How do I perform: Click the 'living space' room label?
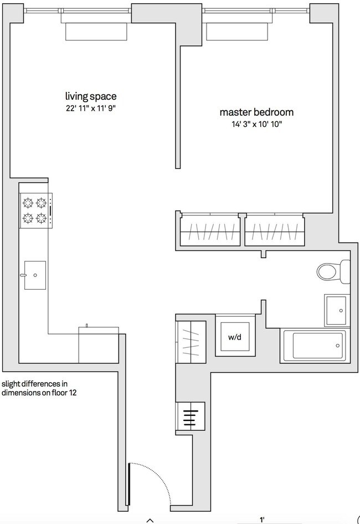click(91, 96)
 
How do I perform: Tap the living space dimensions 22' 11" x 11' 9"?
click(91, 108)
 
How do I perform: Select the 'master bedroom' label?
click(257, 112)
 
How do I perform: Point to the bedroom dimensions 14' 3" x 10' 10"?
click(257, 124)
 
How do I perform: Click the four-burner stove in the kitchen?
click(36, 211)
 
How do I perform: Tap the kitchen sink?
click(35, 275)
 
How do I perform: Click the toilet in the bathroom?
click(333, 271)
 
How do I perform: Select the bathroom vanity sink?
click(337, 310)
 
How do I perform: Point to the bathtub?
click(315, 346)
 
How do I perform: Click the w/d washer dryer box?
click(235, 336)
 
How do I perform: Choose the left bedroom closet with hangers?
click(210, 231)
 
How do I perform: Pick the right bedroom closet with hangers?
click(274, 231)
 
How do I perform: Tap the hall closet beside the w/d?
click(191, 342)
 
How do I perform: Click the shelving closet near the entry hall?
click(190, 417)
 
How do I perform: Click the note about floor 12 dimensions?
click(39, 388)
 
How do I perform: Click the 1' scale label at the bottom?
click(262, 520)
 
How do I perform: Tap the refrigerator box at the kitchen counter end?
click(99, 345)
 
